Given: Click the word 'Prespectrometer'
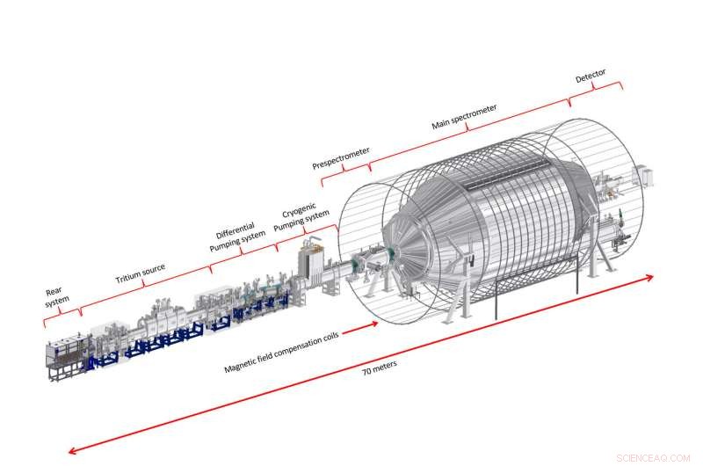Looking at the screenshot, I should coord(340,157).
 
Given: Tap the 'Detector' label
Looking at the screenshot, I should coord(591,76).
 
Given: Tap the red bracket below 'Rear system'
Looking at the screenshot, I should coord(62,315).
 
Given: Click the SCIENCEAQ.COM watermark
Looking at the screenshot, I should coord(655,457).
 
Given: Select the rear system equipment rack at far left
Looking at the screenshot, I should coord(66,352).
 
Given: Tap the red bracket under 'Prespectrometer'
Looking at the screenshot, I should coord(344,171).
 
